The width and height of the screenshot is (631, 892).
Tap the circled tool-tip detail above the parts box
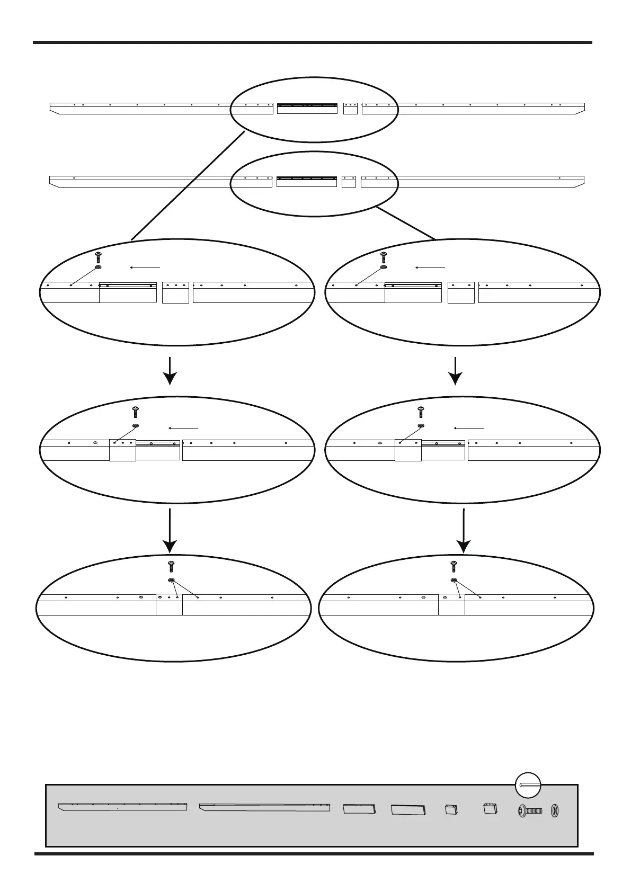(528, 786)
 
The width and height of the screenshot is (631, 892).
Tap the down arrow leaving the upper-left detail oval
(170, 371)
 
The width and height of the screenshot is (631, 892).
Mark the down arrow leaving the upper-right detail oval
(456, 371)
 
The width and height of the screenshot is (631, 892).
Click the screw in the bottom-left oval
(171, 566)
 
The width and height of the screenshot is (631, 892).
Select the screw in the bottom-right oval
(454, 566)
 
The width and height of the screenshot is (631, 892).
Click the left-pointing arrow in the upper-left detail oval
(145, 268)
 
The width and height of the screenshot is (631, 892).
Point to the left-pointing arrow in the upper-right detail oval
(430, 268)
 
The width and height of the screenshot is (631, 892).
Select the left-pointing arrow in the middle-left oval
(183, 427)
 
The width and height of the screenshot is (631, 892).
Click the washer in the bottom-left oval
(171, 581)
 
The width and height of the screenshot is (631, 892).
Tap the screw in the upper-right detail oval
(383, 258)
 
